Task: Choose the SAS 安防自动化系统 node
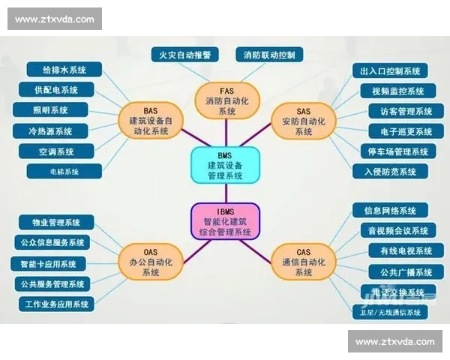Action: click(303, 120)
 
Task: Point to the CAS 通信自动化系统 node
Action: click(303, 262)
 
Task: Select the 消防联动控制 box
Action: click(269, 55)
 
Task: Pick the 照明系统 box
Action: click(50, 110)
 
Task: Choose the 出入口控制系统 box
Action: click(390, 71)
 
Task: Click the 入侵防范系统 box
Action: click(390, 171)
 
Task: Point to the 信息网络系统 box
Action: click(390, 211)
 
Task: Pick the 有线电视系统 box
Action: click(400, 250)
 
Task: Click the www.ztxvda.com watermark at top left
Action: click(54, 18)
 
